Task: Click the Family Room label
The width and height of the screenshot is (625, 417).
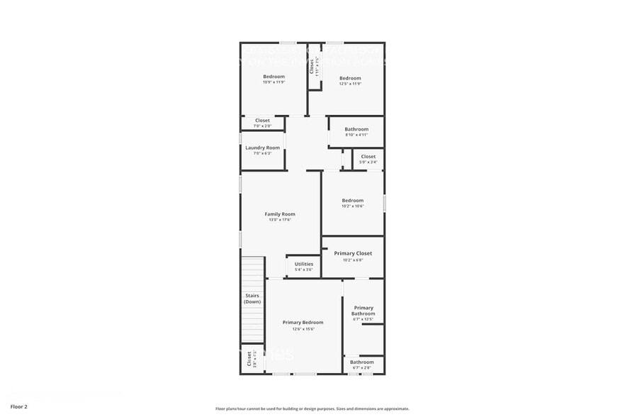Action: [280, 214]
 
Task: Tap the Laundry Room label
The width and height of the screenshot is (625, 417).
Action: [262, 148]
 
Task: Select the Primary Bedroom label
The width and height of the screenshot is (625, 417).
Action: [303, 323]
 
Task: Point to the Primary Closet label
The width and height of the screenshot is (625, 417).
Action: [353, 253]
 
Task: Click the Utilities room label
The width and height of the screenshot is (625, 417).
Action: [303, 264]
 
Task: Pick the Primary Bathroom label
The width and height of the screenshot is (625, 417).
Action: [364, 311]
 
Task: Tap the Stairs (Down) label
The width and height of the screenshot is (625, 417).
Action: [252, 299]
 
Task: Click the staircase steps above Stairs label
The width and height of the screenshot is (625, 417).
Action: [252, 273]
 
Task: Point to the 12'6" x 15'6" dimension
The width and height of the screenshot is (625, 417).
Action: [303, 329]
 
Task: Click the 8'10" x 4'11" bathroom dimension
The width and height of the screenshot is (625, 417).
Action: [356, 135]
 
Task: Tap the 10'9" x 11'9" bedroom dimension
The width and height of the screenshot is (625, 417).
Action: [274, 82]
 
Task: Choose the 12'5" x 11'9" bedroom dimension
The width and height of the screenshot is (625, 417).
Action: [350, 84]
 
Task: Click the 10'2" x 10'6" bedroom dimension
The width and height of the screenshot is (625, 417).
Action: [352, 206]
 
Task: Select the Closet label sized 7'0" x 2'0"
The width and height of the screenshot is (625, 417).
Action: [262, 121]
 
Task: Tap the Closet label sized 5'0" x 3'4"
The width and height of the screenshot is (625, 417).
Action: [368, 156]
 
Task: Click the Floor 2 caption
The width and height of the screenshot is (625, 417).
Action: [19, 407]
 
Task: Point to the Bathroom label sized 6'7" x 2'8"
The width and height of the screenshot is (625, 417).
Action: [362, 362]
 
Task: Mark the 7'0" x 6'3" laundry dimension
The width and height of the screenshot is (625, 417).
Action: [262, 154]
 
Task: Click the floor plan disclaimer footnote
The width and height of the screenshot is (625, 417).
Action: [312, 408]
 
